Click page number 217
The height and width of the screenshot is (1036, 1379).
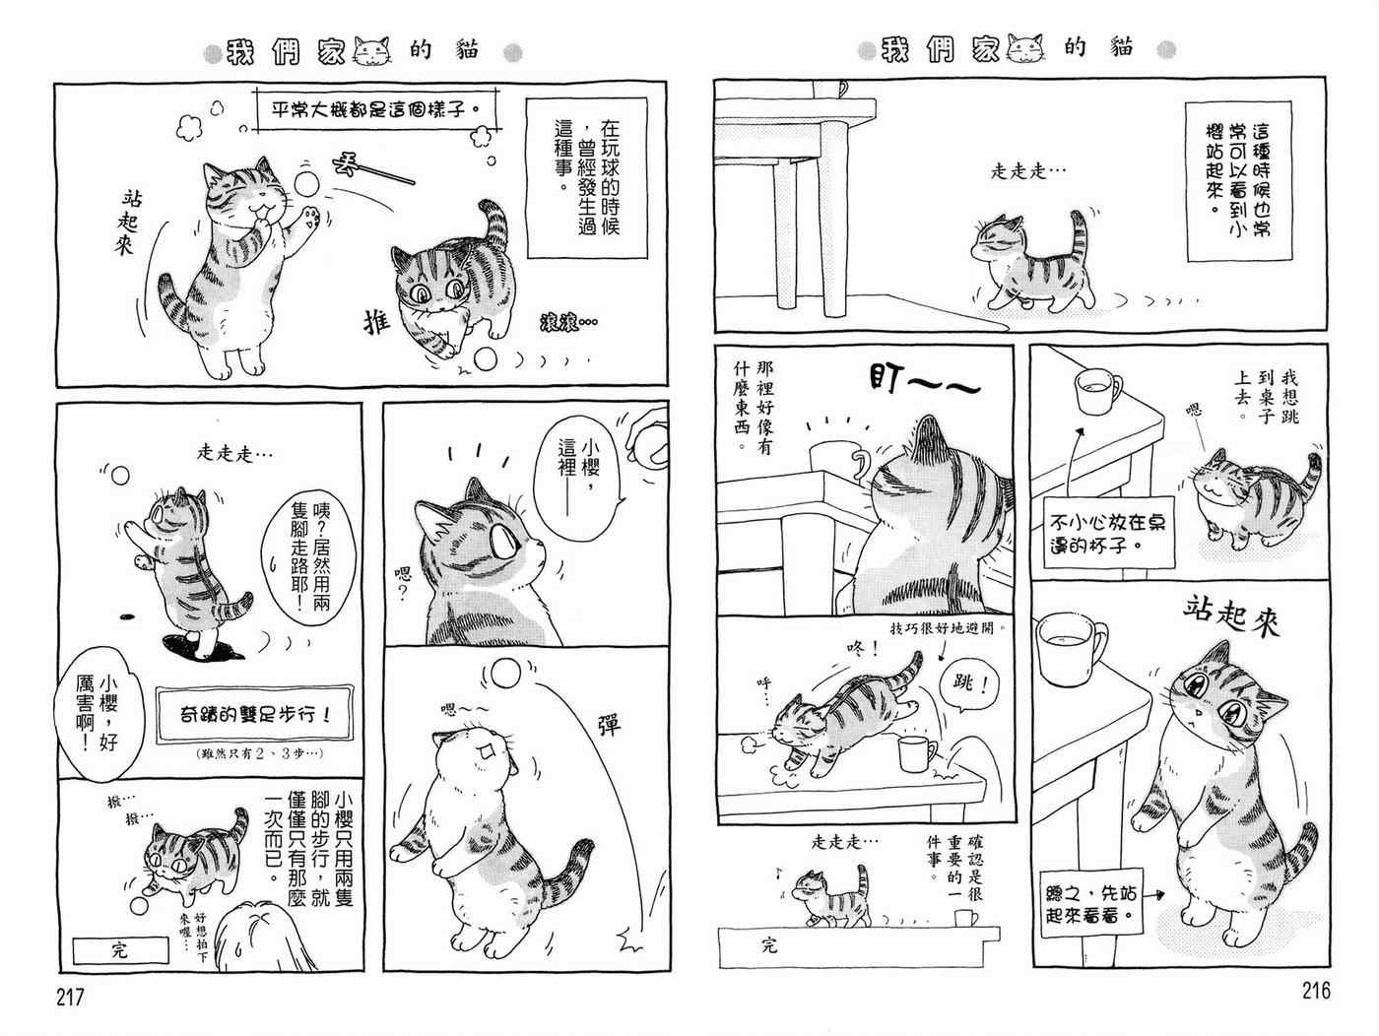tap(70, 997)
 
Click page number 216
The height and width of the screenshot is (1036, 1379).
tap(1316, 991)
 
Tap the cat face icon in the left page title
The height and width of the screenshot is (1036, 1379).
tap(372, 50)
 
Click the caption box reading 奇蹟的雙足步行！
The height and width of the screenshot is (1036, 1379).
tap(254, 715)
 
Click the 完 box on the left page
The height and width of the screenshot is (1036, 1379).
tap(120, 950)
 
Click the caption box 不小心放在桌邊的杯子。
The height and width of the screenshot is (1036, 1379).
tap(1109, 533)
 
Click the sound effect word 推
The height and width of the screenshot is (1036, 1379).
tap(376, 323)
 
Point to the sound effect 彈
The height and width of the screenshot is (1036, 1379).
tap(609, 725)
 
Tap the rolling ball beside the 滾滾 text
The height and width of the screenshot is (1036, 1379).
tap(485, 359)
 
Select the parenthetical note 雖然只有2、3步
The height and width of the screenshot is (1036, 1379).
tap(259, 752)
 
